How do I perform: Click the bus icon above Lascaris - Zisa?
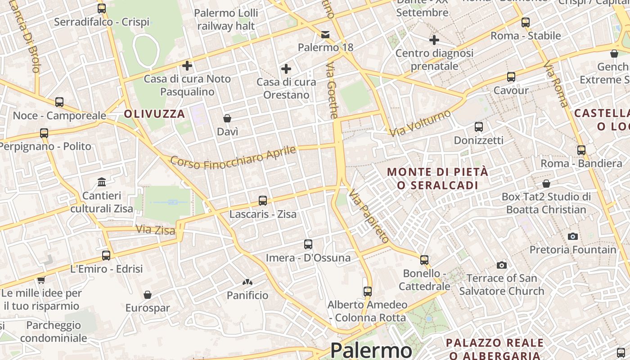[x=263, y=200]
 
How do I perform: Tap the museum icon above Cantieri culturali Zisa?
[x=102, y=182]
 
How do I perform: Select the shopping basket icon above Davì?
[x=227, y=118]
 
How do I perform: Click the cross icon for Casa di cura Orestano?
[x=286, y=69]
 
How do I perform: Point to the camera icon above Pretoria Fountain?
[x=573, y=236]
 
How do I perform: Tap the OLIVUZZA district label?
[x=154, y=114]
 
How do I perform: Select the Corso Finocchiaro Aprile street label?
[x=233, y=158]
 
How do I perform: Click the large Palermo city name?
[x=371, y=350]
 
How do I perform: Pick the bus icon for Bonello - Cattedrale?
[x=424, y=260]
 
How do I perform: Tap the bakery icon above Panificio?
[x=247, y=282]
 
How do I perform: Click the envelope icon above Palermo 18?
[x=325, y=34]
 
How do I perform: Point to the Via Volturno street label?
[x=420, y=123]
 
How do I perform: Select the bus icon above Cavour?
[x=511, y=77]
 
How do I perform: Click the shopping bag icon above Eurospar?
[x=147, y=295]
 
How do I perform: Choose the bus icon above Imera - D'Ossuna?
[x=308, y=244]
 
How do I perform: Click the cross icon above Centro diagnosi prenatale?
[x=434, y=40]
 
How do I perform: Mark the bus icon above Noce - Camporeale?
[x=59, y=102]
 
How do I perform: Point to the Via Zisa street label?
[x=155, y=230]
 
